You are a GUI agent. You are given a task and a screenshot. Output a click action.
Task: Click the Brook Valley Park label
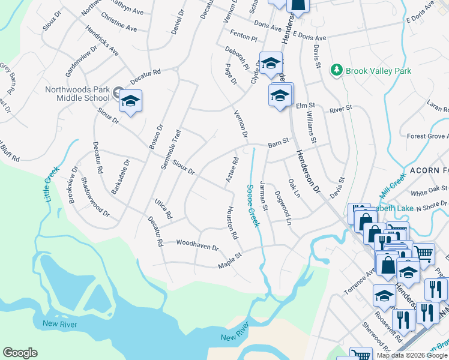pyautogui.click(x=378, y=71)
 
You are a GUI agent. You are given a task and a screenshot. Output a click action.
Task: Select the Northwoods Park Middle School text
pyautogui.click(x=78, y=95)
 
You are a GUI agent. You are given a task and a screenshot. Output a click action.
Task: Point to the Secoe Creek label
pyautogui.click(x=253, y=205)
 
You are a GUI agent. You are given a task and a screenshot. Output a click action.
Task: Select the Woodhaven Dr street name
pyautogui.click(x=197, y=244)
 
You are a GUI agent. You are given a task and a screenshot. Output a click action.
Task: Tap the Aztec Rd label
pyautogui.click(x=232, y=170)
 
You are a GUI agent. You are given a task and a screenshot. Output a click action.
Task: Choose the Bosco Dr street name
pyautogui.click(x=157, y=140)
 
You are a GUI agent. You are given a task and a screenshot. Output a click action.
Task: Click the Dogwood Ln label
pyautogui.click(x=282, y=208)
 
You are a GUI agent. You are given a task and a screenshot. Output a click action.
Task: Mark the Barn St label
pyautogui.click(x=278, y=142)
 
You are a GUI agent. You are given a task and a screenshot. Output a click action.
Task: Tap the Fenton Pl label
pyautogui.click(x=246, y=37)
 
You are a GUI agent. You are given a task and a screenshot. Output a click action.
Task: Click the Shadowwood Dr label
pyautogui.click(x=95, y=197)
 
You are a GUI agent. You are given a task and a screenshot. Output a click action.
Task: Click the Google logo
pyautogui.click(x=20, y=353)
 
